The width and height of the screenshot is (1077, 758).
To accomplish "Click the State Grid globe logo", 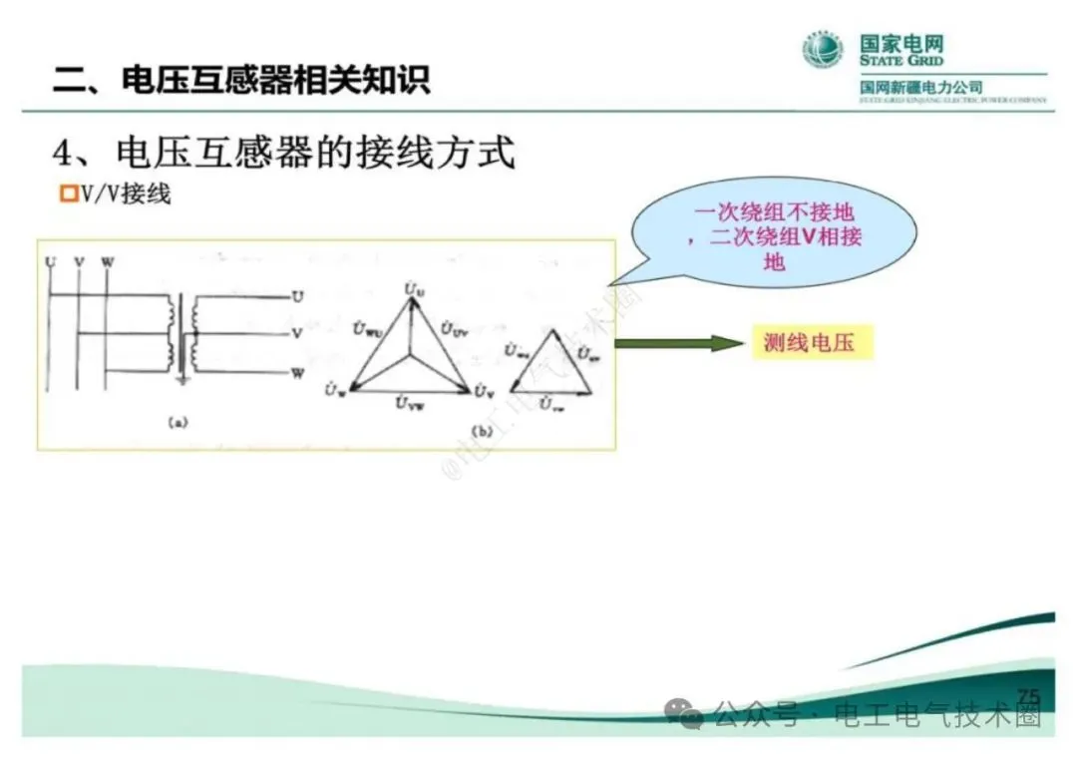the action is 823,49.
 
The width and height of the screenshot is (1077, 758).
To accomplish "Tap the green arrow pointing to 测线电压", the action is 679,344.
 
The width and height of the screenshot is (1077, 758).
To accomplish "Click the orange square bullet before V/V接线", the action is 69,193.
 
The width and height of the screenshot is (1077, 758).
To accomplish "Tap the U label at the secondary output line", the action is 297,296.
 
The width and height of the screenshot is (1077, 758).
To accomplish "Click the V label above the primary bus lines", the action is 79,262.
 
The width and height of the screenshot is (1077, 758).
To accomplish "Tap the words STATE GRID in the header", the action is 901,61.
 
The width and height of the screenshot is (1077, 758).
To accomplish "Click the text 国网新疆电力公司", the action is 921,88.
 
